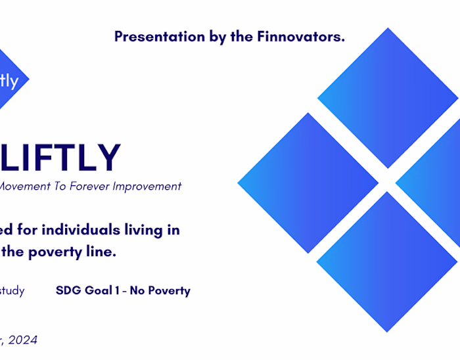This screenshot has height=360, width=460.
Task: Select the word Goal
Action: [99, 290]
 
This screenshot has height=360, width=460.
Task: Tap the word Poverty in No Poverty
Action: [169, 290]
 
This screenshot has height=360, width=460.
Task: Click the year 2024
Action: [23, 340]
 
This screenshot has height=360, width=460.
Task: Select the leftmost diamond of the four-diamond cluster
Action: [308, 183]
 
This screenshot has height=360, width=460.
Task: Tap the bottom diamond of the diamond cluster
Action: [387, 261]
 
